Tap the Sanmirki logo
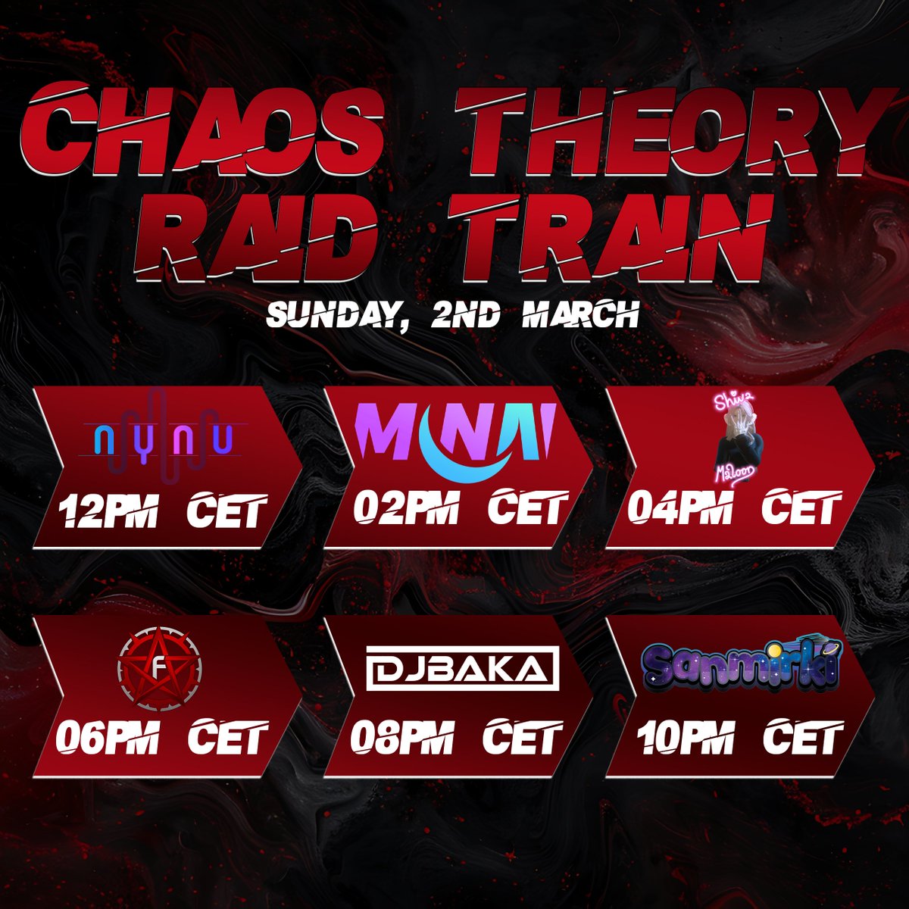coord(742,667)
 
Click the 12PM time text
coord(110,511)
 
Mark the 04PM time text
coord(678,508)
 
